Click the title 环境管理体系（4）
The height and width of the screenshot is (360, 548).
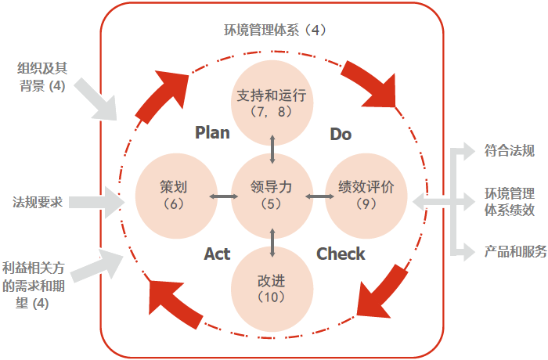(273, 31)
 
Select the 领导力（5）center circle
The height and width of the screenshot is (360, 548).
(272, 196)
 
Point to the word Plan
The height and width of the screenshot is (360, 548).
(212, 132)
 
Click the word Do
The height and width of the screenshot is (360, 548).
(341, 134)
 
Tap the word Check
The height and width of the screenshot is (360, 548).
(341, 254)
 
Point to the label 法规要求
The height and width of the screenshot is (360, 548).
(37, 202)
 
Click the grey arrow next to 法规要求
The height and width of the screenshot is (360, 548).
(97, 202)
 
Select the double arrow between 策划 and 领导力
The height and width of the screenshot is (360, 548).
(224, 196)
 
